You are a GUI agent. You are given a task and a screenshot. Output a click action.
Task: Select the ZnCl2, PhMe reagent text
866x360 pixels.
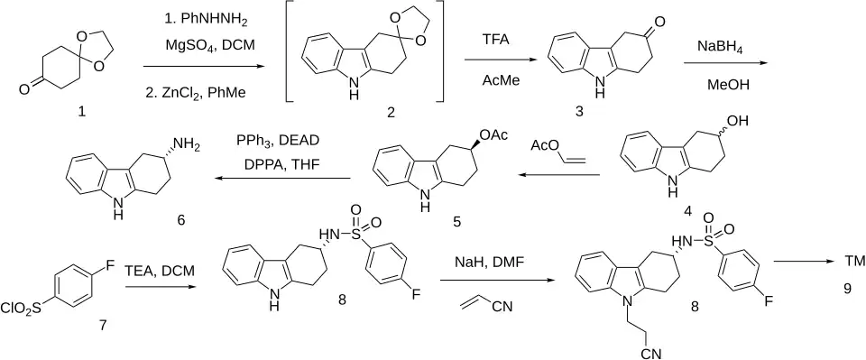pos(198,95)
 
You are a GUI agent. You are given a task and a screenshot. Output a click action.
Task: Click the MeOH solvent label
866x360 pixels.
pos(723,86)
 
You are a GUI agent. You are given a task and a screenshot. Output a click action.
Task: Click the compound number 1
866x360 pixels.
pos(82,113)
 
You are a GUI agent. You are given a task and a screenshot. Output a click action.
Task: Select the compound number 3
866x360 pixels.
pos(580,112)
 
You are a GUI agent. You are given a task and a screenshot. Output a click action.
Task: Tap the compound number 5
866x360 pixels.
pos(456,222)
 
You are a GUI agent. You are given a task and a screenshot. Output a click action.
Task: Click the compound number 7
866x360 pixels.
pos(102,325)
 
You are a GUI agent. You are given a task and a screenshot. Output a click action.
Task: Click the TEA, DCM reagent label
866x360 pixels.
pos(160,271)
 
